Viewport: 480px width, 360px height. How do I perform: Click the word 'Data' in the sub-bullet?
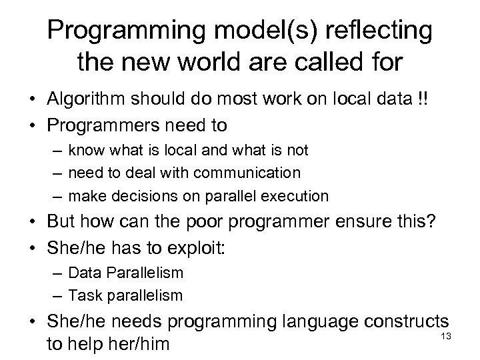click(x=83, y=272)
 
